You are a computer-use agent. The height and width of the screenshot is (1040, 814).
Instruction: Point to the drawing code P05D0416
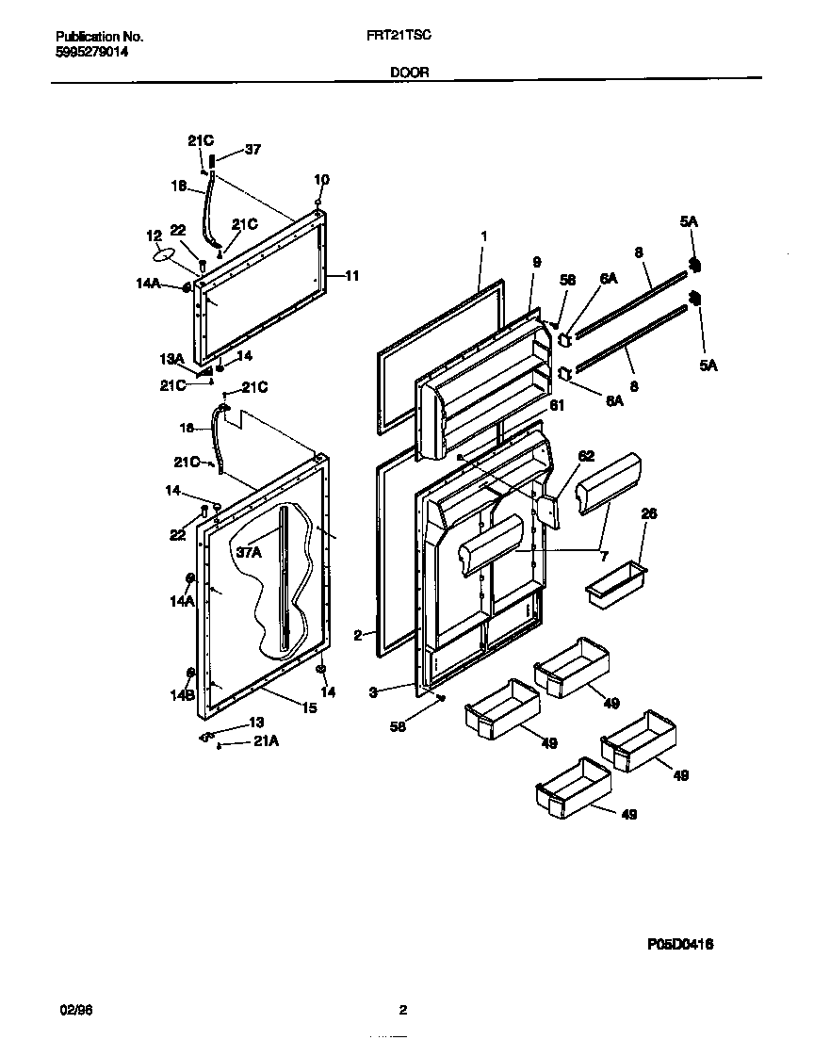pyautogui.click(x=687, y=942)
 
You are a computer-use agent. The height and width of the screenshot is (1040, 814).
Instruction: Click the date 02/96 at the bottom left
pyautogui.click(x=76, y=1011)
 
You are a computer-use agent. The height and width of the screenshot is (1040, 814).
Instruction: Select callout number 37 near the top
pyautogui.click(x=252, y=149)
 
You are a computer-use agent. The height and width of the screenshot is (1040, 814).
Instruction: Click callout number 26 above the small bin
pyautogui.click(x=648, y=513)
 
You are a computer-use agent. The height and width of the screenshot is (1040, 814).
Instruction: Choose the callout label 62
pyautogui.click(x=586, y=456)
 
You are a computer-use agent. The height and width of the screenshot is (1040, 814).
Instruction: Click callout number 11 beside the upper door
pyautogui.click(x=351, y=276)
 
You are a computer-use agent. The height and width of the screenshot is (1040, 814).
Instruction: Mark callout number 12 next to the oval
pyautogui.click(x=154, y=235)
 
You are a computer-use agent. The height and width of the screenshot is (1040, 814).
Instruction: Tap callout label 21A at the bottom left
pyautogui.click(x=267, y=742)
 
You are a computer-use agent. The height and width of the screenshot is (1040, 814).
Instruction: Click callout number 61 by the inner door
pyautogui.click(x=558, y=406)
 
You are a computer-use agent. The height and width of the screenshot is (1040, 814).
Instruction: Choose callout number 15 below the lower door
pyautogui.click(x=309, y=707)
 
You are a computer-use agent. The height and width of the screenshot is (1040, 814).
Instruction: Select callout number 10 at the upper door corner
pyautogui.click(x=321, y=179)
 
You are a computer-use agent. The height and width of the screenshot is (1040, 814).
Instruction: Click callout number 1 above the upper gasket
pyautogui.click(x=483, y=235)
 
